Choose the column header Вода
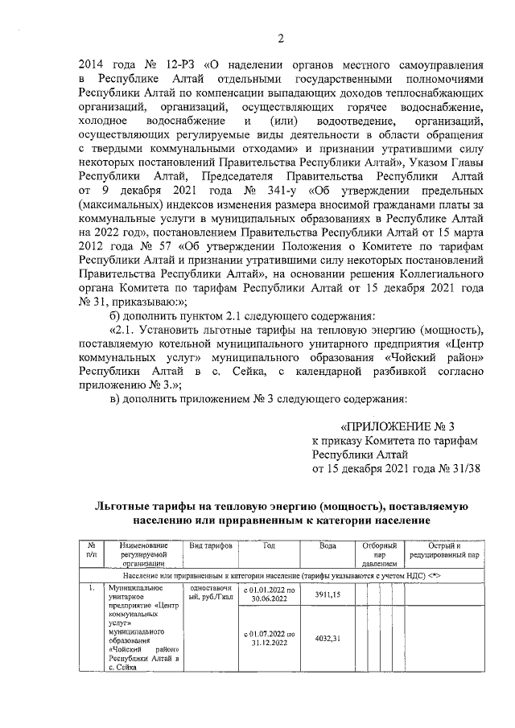[x=327, y=545]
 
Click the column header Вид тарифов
[x=211, y=545]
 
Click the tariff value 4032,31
[x=327, y=639]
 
